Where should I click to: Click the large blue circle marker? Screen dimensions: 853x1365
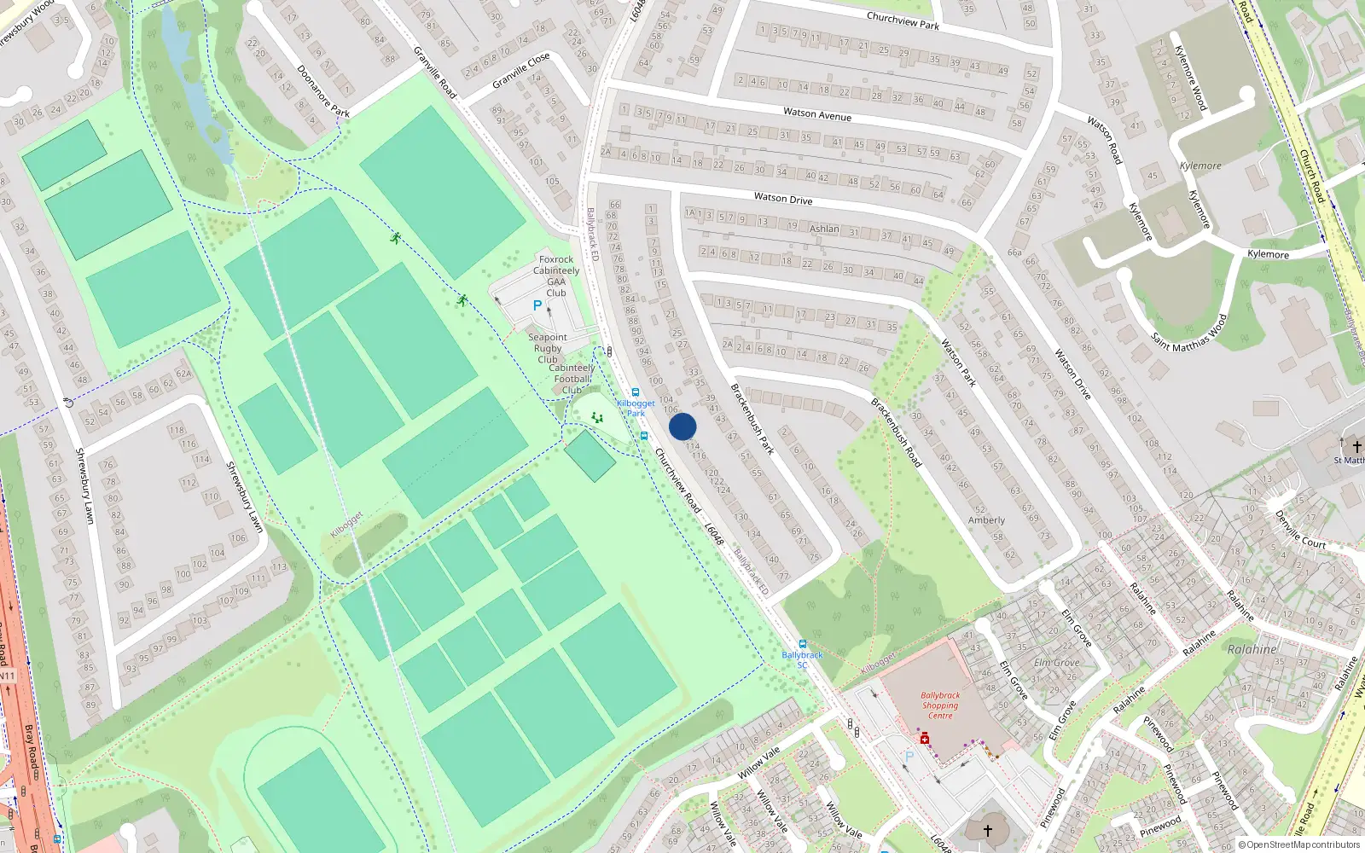[682, 426]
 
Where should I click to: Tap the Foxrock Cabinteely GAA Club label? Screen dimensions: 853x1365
[556, 276]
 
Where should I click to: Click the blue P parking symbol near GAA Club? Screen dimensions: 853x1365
[537, 305]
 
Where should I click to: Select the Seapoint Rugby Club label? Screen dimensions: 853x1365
[548, 348]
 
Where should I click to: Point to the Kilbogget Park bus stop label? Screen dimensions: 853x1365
[636, 408]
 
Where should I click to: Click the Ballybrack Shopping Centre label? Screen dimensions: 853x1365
[940, 705]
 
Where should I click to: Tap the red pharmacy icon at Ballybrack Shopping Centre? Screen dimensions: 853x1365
[924, 738]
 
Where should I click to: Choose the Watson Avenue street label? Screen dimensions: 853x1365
[817, 113]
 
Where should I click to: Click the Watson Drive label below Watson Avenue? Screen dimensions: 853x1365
[783, 198]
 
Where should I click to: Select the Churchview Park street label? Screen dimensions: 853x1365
[903, 20]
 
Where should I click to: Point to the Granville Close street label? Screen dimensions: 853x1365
[521, 71]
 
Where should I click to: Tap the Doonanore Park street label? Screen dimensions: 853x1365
[323, 90]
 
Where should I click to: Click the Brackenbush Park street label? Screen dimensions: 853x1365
[752, 418]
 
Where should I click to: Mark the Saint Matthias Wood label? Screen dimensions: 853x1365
[1189, 333]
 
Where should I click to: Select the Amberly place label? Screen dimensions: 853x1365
[986, 519]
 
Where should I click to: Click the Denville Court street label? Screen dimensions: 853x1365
[1300, 530]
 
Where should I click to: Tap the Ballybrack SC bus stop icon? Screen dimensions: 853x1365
[802, 644]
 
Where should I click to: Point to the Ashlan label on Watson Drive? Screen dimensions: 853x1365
[824, 229]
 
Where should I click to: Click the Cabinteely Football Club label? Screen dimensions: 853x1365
[572, 379]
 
